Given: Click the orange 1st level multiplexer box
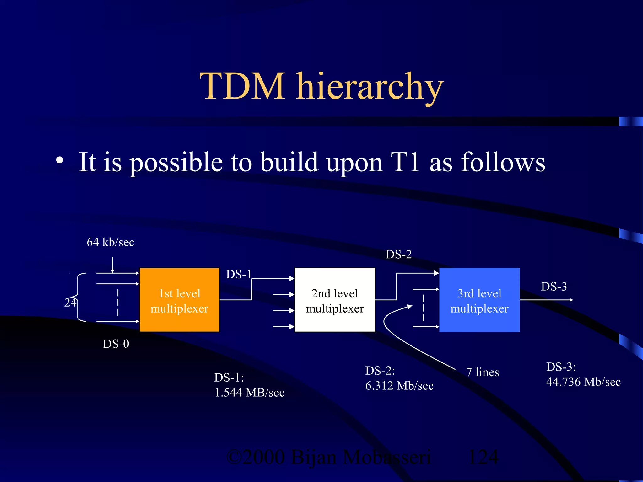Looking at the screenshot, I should pyautogui.click(x=179, y=300).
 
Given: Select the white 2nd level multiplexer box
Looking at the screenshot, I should pyautogui.click(x=334, y=300).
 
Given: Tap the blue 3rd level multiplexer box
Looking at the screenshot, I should pyautogui.click(x=479, y=300).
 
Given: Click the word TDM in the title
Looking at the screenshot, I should pyautogui.click(x=242, y=86).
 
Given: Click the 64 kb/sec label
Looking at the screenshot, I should pyautogui.click(x=110, y=242).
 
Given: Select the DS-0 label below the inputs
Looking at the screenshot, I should pyautogui.click(x=116, y=344).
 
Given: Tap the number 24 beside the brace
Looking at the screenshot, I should pyautogui.click(x=70, y=303).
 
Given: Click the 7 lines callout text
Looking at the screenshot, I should pyautogui.click(x=482, y=372).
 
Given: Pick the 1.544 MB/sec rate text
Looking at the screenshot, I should pyautogui.click(x=249, y=393).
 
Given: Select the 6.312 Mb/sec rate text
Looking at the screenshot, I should pyautogui.click(x=399, y=386).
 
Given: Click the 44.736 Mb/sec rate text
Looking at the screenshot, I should pyautogui.click(x=583, y=382).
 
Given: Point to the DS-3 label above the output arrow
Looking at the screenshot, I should pyautogui.click(x=554, y=287).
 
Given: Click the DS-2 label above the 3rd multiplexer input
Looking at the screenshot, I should pyautogui.click(x=398, y=254).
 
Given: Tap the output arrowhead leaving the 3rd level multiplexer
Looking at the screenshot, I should pyautogui.click(x=571, y=300).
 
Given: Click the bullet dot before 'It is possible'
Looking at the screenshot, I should pyautogui.click(x=59, y=161).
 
